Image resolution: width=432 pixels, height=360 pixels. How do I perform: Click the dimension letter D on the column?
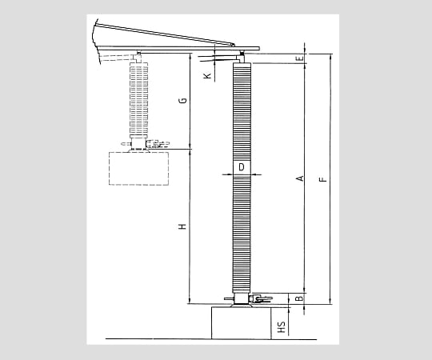pos(242,167)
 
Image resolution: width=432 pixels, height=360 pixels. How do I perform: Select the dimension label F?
pos(323,179)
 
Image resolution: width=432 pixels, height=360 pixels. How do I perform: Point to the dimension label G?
pos(182,101)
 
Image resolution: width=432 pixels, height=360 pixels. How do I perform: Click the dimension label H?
pos(182,226)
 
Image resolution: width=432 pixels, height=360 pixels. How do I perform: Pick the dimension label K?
pos(208,76)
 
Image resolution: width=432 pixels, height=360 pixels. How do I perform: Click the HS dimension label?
pos(282,327)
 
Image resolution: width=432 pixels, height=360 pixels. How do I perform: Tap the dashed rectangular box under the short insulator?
pos(138,168)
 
